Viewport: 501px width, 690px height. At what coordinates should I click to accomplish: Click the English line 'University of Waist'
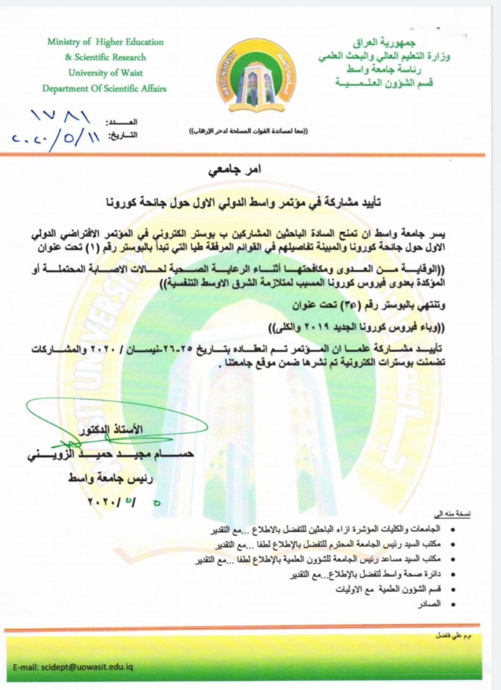click(105, 73)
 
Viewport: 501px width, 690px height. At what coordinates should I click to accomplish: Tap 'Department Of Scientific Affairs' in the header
click(104, 89)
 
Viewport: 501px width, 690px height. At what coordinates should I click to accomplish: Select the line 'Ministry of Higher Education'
click(105, 42)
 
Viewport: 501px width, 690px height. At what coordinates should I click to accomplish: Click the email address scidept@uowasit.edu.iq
click(73, 667)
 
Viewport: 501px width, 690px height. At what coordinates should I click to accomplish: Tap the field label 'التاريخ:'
click(122, 135)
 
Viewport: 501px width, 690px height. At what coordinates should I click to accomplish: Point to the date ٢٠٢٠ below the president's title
click(125, 502)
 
